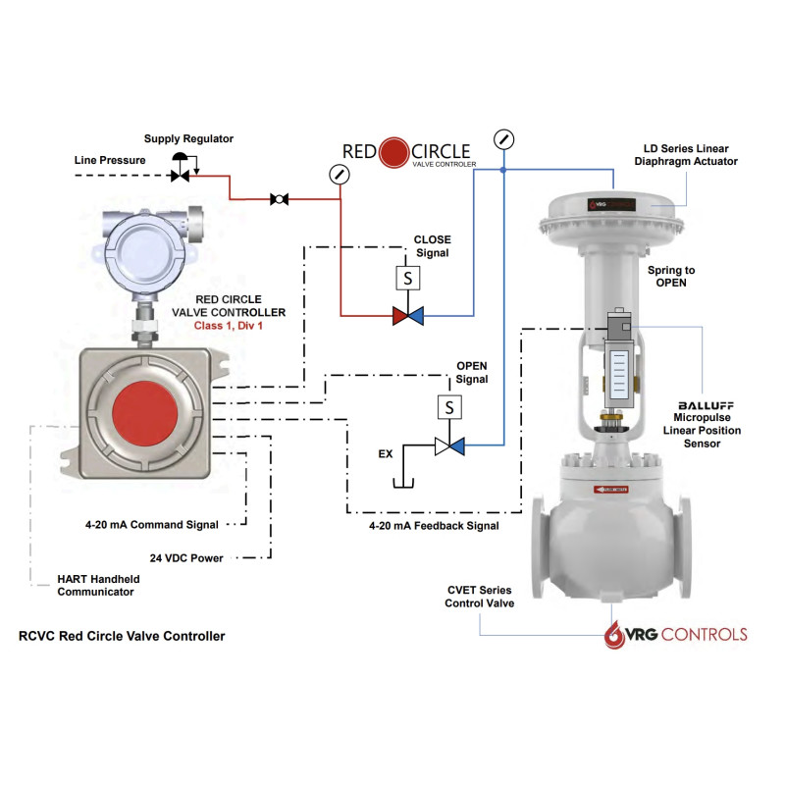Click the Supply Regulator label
click(x=188, y=139)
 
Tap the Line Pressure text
click(x=110, y=159)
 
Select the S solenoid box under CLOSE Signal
click(x=407, y=279)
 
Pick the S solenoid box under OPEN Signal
click(x=449, y=406)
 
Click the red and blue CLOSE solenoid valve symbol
click(x=407, y=316)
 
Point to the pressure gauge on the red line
click(x=340, y=175)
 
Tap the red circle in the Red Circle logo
click(x=393, y=152)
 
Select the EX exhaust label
click(x=387, y=454)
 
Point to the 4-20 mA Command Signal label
click(x=151, y=525)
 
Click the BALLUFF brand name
click(x=706, y=404)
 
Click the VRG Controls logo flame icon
click(x=613, y=634)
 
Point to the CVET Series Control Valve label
click(x=479, y=596)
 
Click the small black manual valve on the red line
click(x=279, y=199)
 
